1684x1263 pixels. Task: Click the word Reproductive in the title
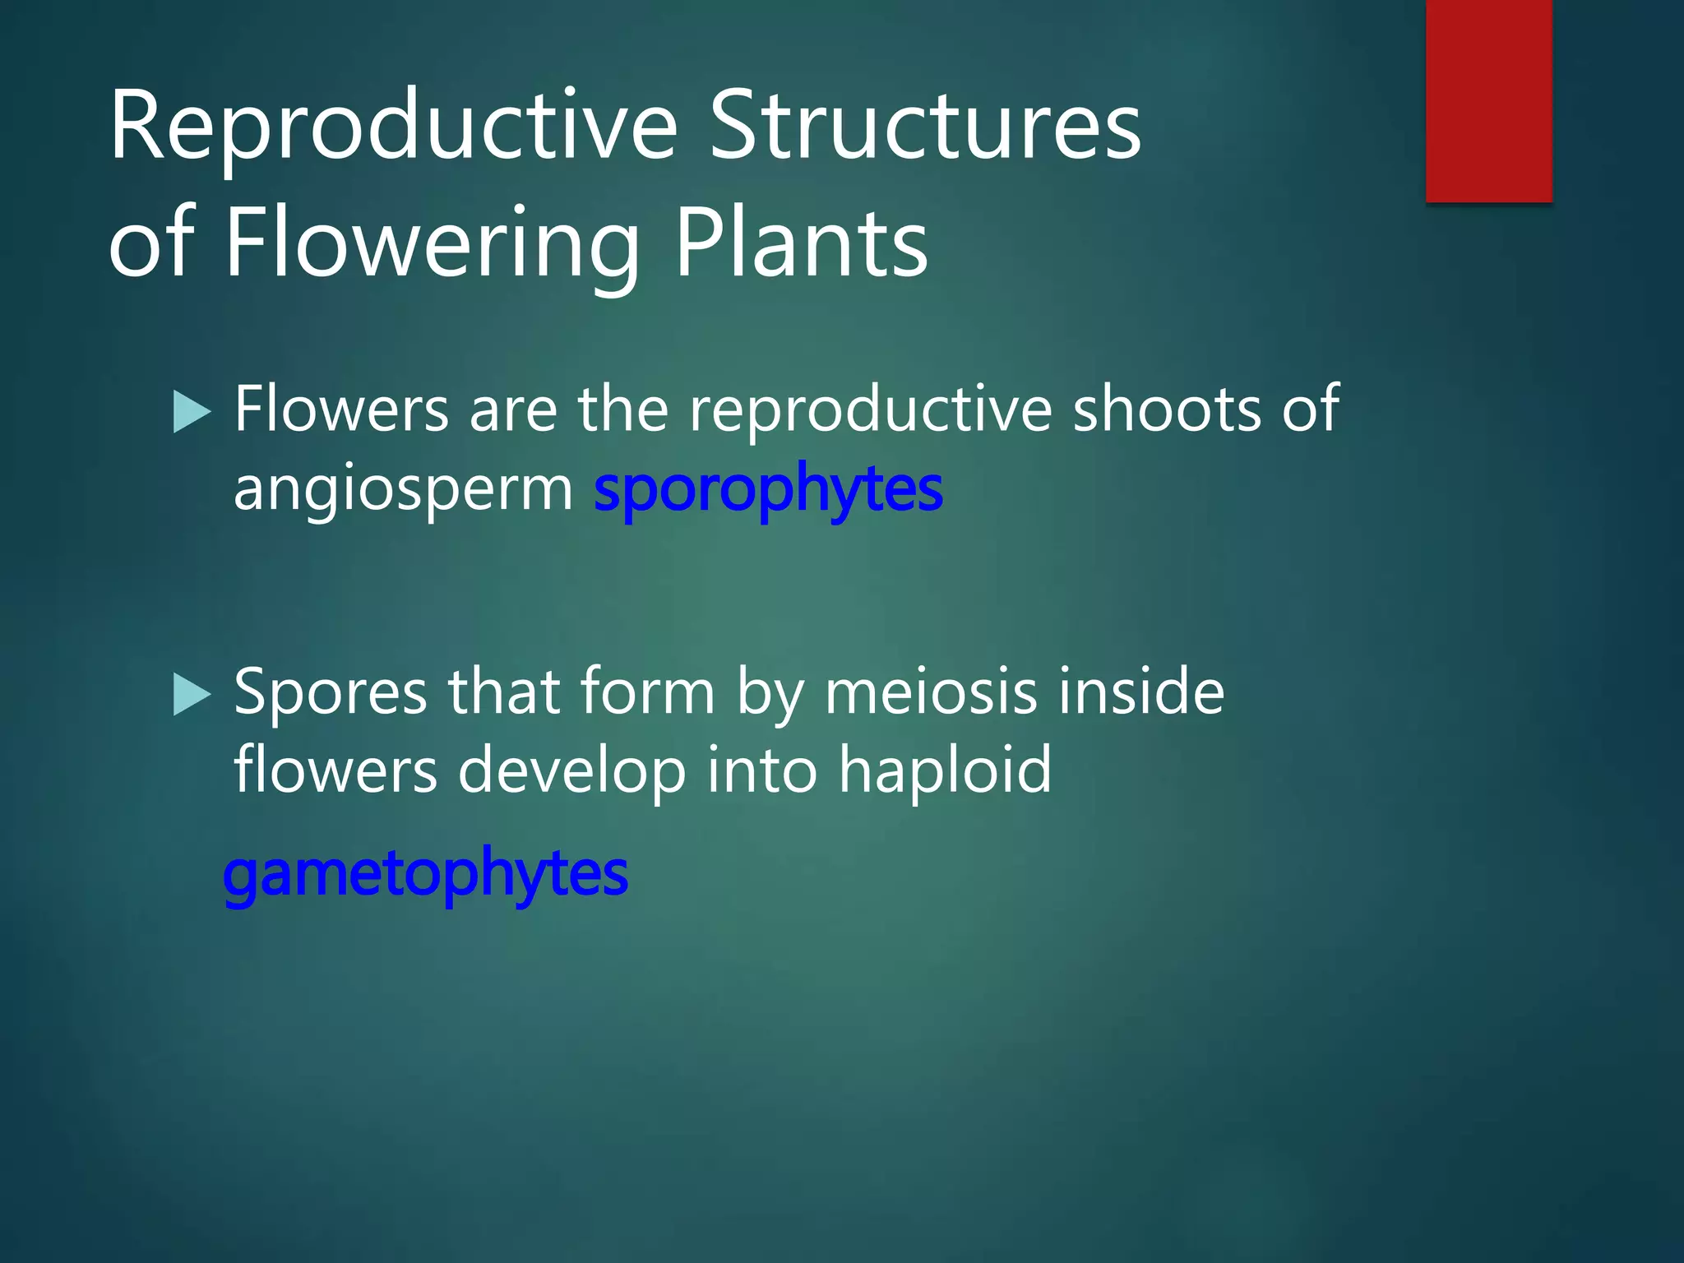tap(393, 127)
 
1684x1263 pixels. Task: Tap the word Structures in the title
tap(924, 127)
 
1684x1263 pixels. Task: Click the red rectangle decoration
tap(1488, 100)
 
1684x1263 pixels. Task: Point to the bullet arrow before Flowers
tap(192, 412)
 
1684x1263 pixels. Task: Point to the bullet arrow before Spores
tap(192, 695)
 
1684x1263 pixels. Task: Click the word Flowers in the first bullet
tap(341, 409)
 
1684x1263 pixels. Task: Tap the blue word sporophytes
tap(767, 489)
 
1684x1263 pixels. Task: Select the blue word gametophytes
tap(425, 873)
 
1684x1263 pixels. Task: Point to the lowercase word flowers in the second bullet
tap(335, 771)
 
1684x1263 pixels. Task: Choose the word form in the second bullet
tap(647, 692)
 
